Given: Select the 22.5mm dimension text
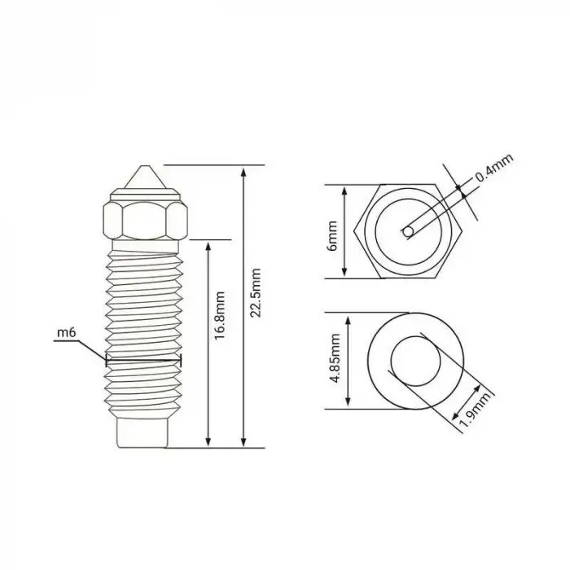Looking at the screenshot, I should (x=257, y=292).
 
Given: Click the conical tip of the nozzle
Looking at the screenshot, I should (x=144, y=177).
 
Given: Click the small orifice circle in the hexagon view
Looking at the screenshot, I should (x=407, y=232).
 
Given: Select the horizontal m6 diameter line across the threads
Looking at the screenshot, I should (x=143, y=359).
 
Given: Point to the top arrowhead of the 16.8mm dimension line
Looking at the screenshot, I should (x=210, y=245).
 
